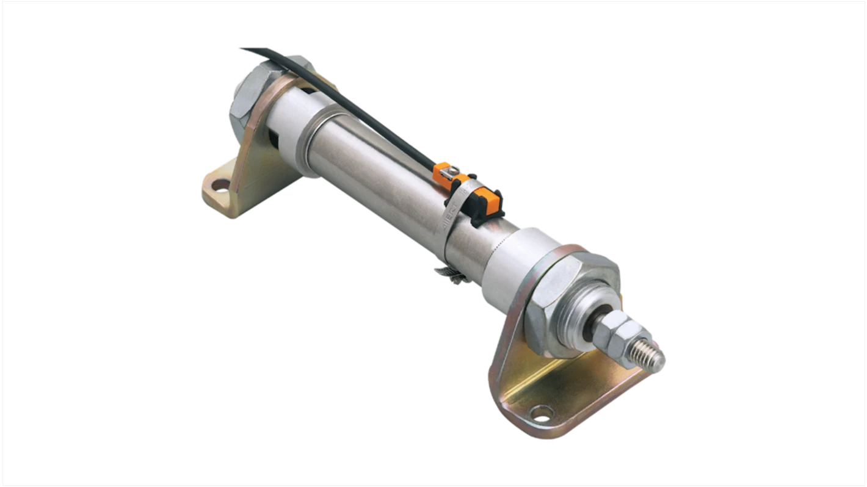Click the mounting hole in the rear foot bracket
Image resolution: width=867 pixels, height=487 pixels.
coord(222,184)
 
